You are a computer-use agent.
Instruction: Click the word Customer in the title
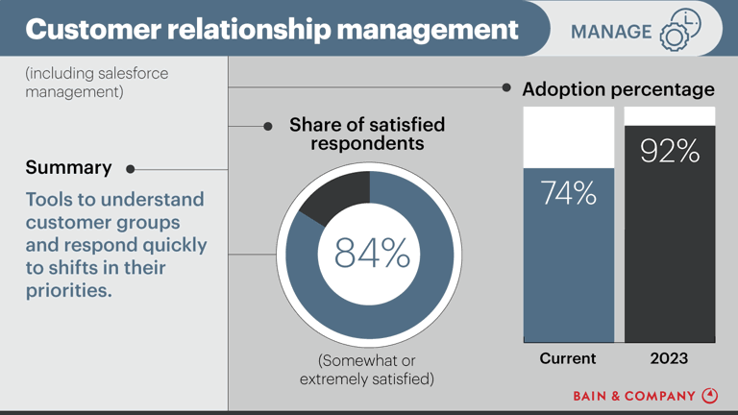[x=92, y=29]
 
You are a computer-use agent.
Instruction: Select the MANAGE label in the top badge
[x=610, y=32]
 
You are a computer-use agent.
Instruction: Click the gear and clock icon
[x=679, y=30]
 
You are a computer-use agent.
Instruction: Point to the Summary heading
[x=68, y=167]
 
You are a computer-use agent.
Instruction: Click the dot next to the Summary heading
[x=130, y=169]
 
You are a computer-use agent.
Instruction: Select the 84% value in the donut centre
[x=371, y=253]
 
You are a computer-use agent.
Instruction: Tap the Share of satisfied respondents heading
[x=366, y=134]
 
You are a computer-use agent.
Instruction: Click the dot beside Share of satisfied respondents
[x=268, y=126]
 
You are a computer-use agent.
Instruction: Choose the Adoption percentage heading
[x=618, y=89]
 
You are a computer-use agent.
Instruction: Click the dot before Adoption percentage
[x=506, y=87]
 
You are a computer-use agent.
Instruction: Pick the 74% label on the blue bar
[x=568, y=193]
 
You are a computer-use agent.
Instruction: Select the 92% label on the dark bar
[x=670, y=151]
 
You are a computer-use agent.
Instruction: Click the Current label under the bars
[x=567, y=358]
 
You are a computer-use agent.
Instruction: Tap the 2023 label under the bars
[x=669, y=358]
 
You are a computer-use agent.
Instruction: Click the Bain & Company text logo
[x=634, y=396]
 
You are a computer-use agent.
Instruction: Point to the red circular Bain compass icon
[x=710, y=395]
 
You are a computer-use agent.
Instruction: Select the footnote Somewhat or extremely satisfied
[x=366, y=370]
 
